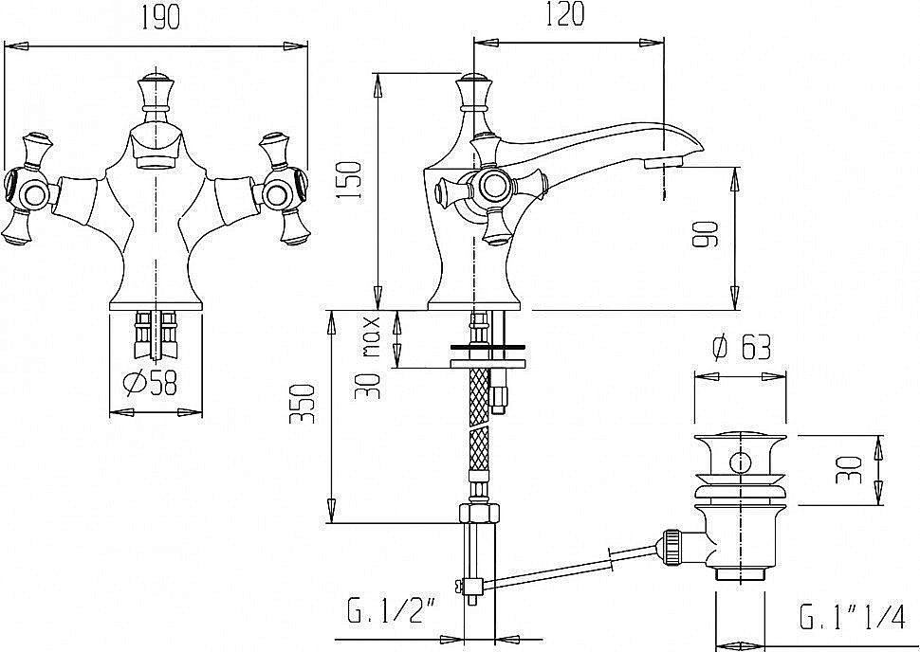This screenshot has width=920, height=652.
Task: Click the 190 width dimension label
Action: tap(159, 17)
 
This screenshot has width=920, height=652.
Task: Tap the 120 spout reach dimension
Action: tap(565, 14)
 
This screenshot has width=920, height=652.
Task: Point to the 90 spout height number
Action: tap(705, 234)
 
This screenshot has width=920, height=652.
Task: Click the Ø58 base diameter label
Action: tap(150, 384)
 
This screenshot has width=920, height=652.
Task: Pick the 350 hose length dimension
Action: tap(304, 404)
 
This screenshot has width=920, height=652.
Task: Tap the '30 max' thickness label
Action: tap(368, 357)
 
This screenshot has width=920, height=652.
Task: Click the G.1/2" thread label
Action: tap(393, 614)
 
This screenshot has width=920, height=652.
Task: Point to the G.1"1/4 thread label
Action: tap(852, 617)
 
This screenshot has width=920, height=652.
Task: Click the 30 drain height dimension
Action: tap(849, 470)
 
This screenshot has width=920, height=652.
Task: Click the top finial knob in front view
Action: tap(156, 93)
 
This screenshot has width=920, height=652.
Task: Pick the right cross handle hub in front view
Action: tap(276, 193)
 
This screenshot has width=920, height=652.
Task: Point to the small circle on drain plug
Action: tap(741, 462)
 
